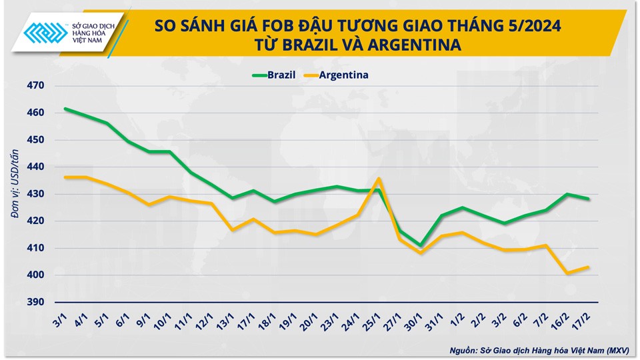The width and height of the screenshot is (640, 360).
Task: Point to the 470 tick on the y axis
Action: click(36, 85)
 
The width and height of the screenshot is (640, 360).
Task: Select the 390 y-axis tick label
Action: click(36, 302)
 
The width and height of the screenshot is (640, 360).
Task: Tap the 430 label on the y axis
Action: click(36, 194)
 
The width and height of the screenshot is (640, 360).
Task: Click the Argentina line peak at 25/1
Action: click(379, 178)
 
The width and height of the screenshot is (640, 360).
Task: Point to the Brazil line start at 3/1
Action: click(65, 109)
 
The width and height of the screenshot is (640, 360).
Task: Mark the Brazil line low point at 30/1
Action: click(420, 245)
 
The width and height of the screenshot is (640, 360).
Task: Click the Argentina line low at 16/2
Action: click(567, 273)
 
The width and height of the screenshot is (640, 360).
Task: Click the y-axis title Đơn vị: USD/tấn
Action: click(13, 193)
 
